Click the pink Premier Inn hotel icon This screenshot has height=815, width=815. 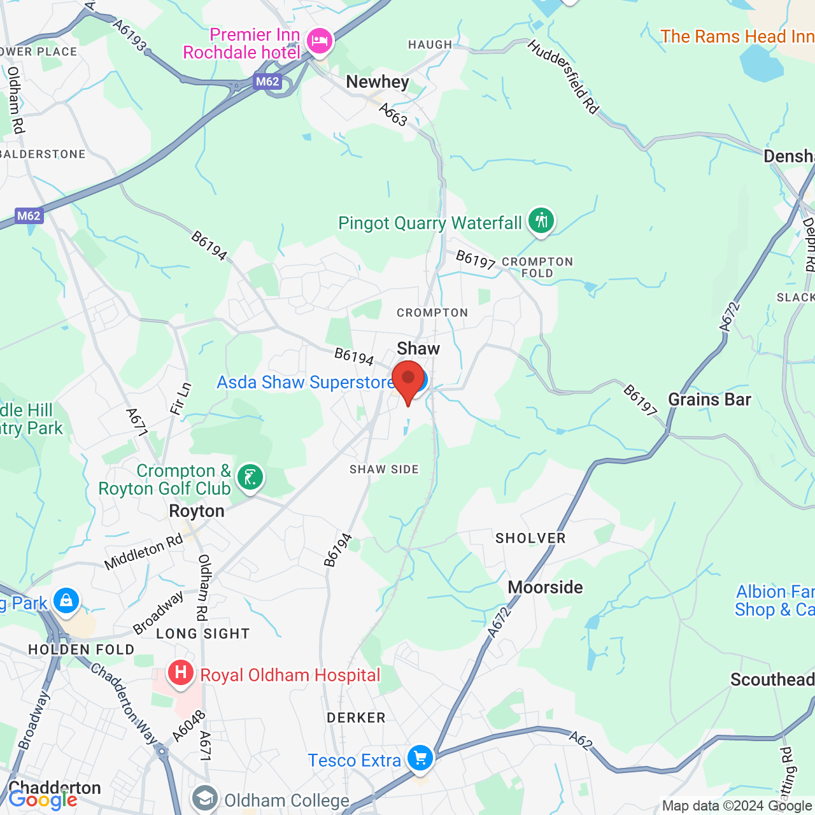coord(319,42)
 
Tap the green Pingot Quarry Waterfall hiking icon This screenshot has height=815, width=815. coord(541,221)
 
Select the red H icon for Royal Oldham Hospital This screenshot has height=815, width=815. coord(181,673)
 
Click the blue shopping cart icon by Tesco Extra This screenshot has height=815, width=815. coord(420,758)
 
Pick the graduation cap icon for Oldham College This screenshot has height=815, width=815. coord(205,799)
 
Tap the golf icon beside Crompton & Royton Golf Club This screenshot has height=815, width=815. coord(250,477)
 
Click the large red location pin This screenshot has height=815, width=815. coord(408,380)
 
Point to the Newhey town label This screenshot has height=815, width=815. coord(378,82)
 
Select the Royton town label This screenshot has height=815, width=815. coord(197,511)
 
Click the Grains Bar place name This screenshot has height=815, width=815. coord(709,400)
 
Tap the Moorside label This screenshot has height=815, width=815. coord(545,587)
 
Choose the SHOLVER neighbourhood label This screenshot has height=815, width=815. coord(530,539)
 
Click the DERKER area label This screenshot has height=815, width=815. coord(356,718)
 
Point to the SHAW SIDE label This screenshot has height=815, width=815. coord(384,470)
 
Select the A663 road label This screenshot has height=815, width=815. coord(393,115)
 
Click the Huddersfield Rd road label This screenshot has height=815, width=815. coord(563,77)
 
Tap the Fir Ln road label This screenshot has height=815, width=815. coord(181,399)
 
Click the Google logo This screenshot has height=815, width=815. coord(43,800)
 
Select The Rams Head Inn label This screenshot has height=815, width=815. coord(737,37)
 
